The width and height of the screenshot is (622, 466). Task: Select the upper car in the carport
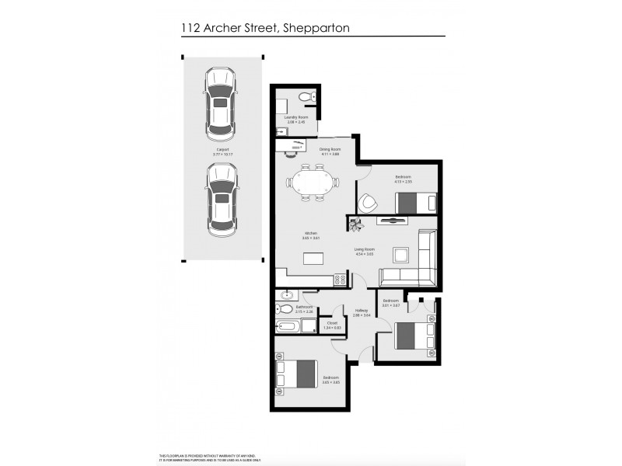coord(221,102)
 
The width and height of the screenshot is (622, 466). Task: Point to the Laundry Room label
coord(296,119)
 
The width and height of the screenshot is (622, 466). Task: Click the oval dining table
coord(312,183)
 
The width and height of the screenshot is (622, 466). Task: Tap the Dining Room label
coord(330,150)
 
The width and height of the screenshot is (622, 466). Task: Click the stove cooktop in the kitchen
coord(340,280)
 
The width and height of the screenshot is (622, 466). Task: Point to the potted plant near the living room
coord(357,225)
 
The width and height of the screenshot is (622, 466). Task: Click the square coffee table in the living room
coord(400,255)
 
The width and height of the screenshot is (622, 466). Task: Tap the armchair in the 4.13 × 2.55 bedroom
coord(368,202)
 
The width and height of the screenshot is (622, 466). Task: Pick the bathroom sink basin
coord(287,295)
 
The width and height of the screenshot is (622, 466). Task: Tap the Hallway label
coord(361,311)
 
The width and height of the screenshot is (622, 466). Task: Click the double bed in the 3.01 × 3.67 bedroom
coord(414,336)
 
